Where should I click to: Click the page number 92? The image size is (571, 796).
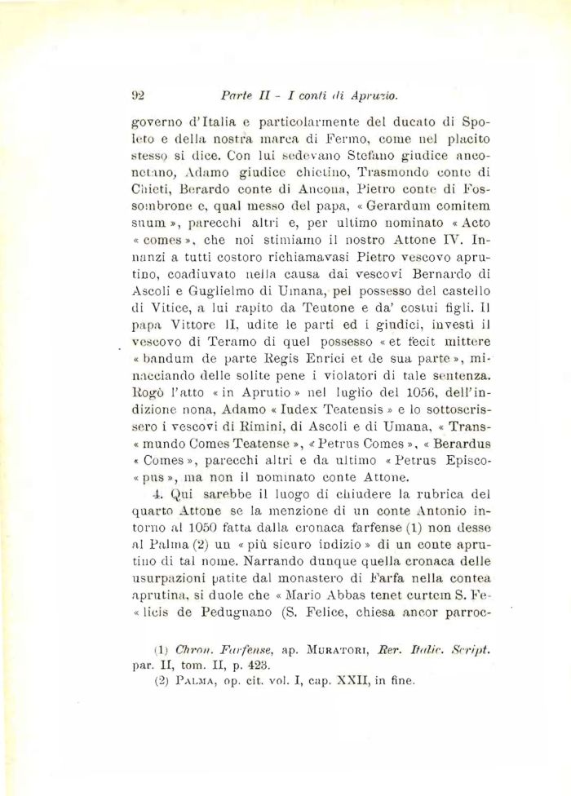[137, 95]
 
